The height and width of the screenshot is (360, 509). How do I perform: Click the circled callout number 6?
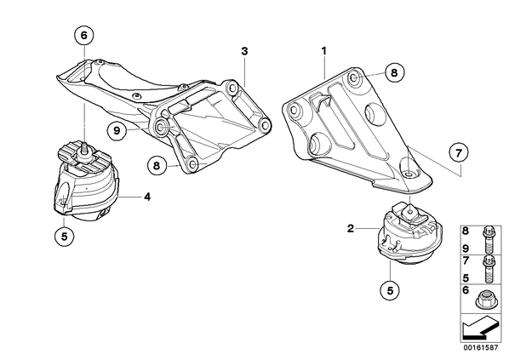(x=84, y=35)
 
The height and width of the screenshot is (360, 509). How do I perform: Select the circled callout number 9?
(x=117, y=130)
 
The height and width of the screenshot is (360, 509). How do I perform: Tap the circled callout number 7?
(x=459, y=153)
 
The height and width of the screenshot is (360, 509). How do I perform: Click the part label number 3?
(x=244, y=51)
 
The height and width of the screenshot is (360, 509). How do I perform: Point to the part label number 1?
(x=323, y=51)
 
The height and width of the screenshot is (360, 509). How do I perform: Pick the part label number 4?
(x=147, y=197)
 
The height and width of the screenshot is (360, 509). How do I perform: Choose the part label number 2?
(x=351, y=229)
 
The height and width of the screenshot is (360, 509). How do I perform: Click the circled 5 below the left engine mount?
(x=65, y=237)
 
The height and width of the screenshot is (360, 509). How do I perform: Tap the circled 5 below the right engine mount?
(x=390, y=290)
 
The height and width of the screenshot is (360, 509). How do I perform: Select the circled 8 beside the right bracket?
(x=394, y=72)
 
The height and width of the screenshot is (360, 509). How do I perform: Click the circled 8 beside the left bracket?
(x=157, y=166)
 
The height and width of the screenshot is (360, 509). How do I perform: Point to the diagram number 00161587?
(x=480, y=348)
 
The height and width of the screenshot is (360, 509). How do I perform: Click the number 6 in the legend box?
(x=466, y=290)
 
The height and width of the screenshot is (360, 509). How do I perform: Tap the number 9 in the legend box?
(x=466, y=249)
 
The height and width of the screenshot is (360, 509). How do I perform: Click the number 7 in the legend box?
(x=466, y=260)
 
